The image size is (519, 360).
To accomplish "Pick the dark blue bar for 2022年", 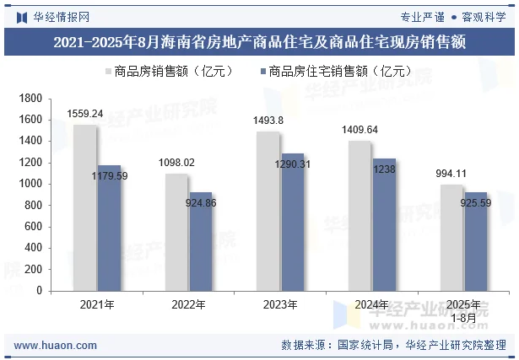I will coord(201,241).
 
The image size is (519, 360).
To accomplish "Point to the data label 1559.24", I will coord(85,114).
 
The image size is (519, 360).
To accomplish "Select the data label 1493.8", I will coord(268,121).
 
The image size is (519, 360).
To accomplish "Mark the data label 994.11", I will coord(451,174).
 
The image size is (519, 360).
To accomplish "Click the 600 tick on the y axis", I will coord(34,227).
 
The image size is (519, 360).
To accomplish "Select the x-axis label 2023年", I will coord(280,304).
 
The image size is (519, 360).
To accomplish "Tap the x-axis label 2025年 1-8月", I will coord(463,310).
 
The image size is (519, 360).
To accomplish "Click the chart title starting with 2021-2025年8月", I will coord(259,41).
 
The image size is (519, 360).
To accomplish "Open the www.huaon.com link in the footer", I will coord(50,345).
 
